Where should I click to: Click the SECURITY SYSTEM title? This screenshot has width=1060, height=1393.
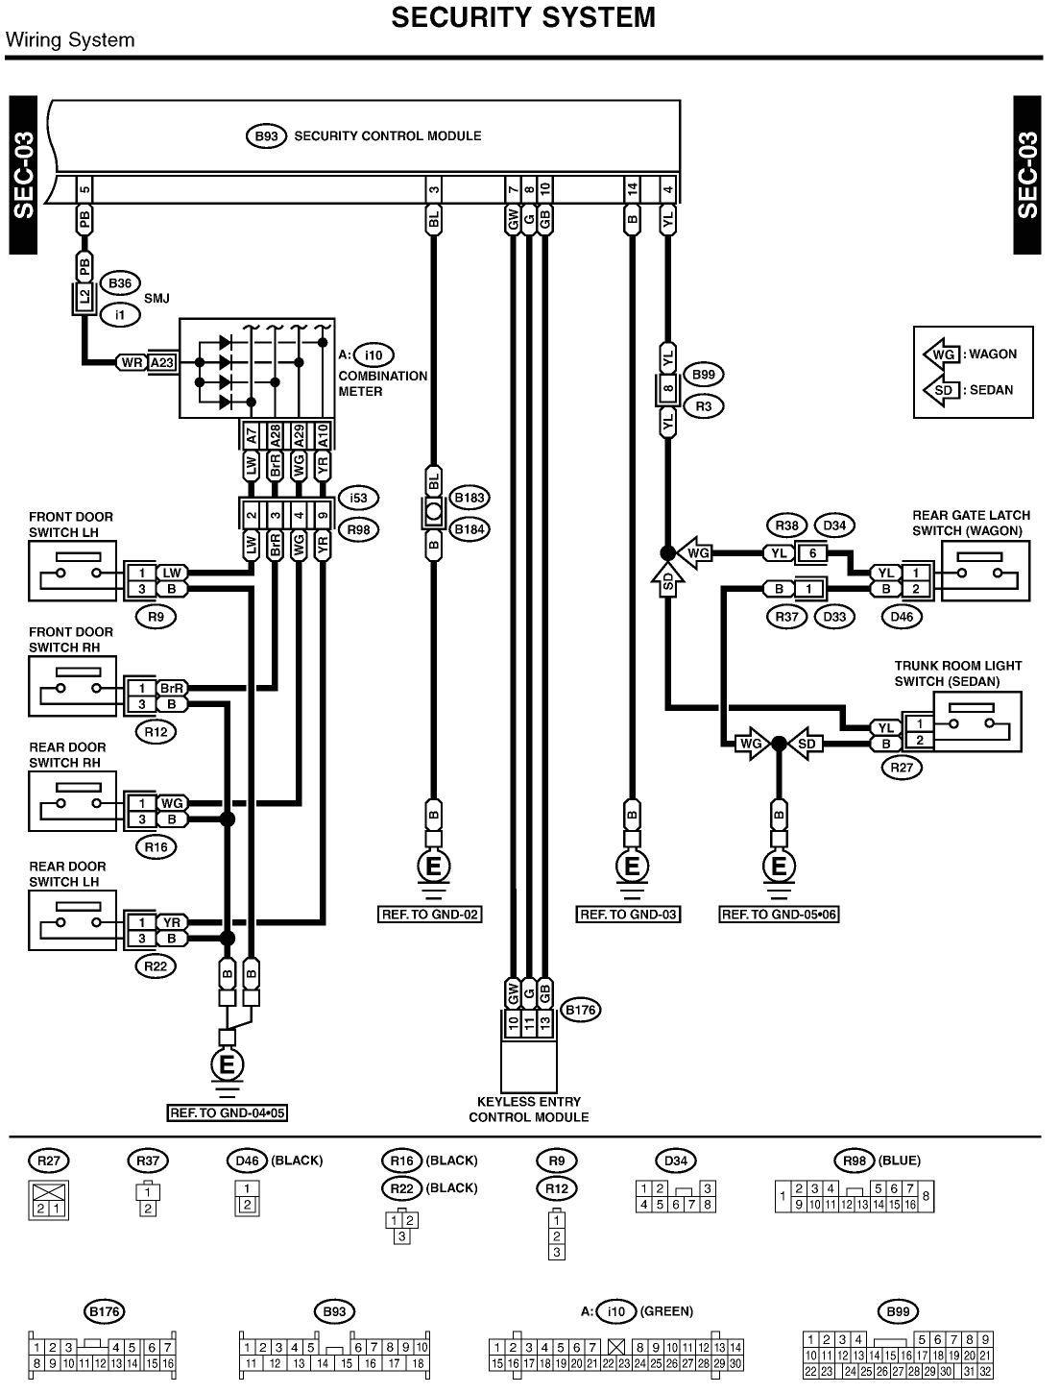(523, 17)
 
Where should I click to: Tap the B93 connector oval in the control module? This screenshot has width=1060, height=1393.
(266, 136)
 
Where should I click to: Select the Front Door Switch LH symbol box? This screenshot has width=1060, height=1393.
(72, 571)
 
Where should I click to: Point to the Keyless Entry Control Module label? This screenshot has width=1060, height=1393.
(528, 1109)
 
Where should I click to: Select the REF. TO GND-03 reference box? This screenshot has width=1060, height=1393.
(629, 915)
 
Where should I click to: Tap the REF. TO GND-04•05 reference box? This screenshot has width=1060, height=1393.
(228, 1113)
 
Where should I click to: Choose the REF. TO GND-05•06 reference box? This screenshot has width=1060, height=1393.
(779, 915)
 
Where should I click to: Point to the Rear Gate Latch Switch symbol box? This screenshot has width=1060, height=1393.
(985, 571)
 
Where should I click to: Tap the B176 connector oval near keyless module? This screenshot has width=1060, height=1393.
(581, 1010)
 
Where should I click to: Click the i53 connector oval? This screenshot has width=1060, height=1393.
(359, 498)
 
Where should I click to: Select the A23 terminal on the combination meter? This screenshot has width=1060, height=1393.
(162, 362)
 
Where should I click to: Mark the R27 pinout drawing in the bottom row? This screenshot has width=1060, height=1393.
(49, 1199)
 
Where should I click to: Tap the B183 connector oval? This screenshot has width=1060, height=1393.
(470, 498)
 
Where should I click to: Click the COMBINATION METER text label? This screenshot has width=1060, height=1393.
(382, 383)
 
